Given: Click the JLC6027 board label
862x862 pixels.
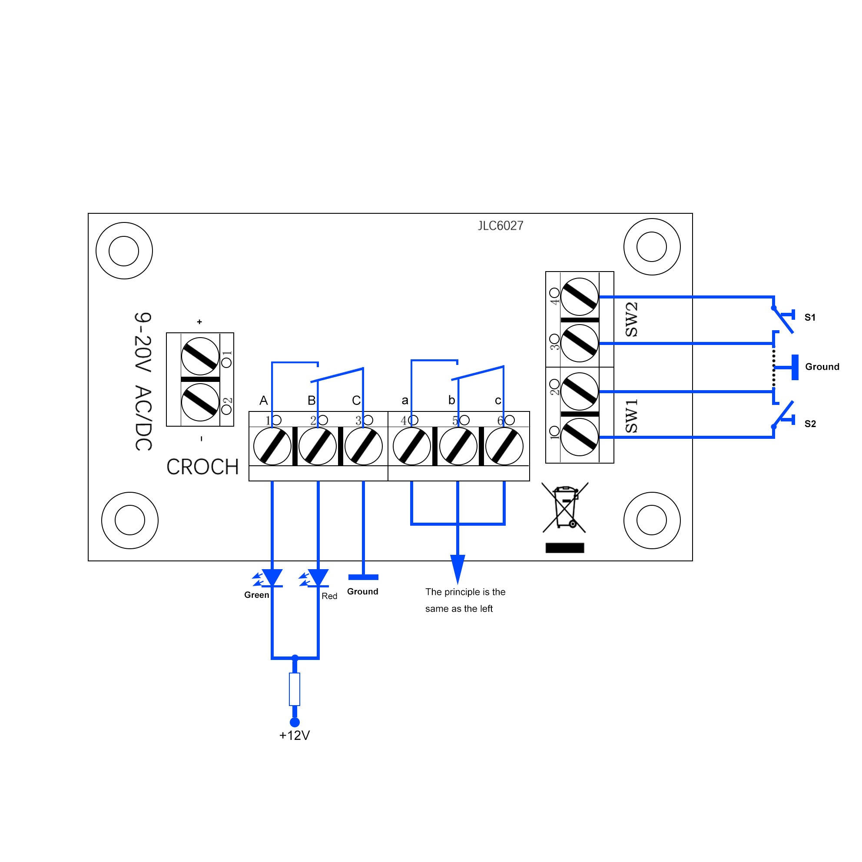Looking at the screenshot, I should pyautogui.click(x=500, y=226).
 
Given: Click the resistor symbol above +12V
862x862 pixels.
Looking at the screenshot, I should pyautogui.click(x=295, y=689).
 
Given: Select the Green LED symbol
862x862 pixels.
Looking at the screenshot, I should pyautogui.click(x=272, y=578).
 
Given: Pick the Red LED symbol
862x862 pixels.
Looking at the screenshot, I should pyautogui.click(x=318, y=578).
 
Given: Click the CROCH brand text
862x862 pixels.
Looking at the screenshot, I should pyautogui.click(x=202, y=467).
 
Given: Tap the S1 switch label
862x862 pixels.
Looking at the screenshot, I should pyautogui.click(x=810, y=317).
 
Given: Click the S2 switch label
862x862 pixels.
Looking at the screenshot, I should pyautogui.click(x=810, y=424).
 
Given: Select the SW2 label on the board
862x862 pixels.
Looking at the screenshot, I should pyautogui.click(x=631, y=319).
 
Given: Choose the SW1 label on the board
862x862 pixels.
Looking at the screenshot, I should pyautogui.click(x=631, y=416).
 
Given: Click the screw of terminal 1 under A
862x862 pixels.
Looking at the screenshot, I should pyautogui.click(x=272, y=446).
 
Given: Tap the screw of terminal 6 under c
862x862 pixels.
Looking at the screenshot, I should pyautogui.click(x=504, y=446).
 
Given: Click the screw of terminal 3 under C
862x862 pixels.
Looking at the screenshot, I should pyautogui.click(x=364, y=446).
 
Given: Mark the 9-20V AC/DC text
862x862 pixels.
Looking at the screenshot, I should pyautogui.click(x=143, y=381).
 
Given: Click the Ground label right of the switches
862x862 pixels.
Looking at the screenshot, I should pyautogui.click(x=822, y=367).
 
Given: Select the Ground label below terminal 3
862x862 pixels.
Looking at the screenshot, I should pyautogui.click(x=362, y=592).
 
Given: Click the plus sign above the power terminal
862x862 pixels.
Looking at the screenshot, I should pyautogui.click(x=199, y=322).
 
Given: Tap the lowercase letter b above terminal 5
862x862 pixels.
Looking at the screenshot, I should pyautogui.click(x=451, y=400).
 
